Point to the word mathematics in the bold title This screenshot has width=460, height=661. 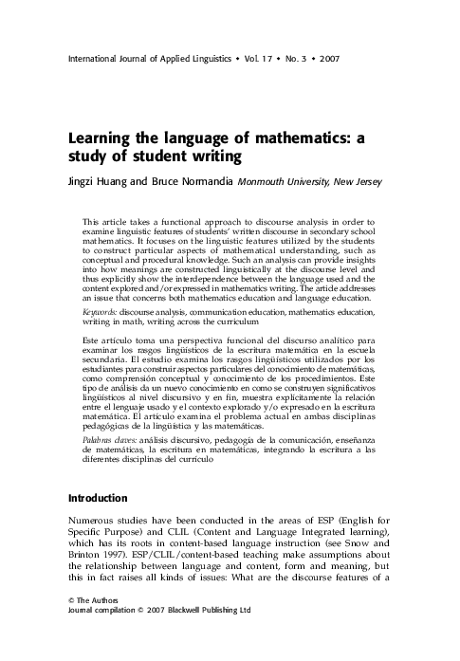click(300, 138)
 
